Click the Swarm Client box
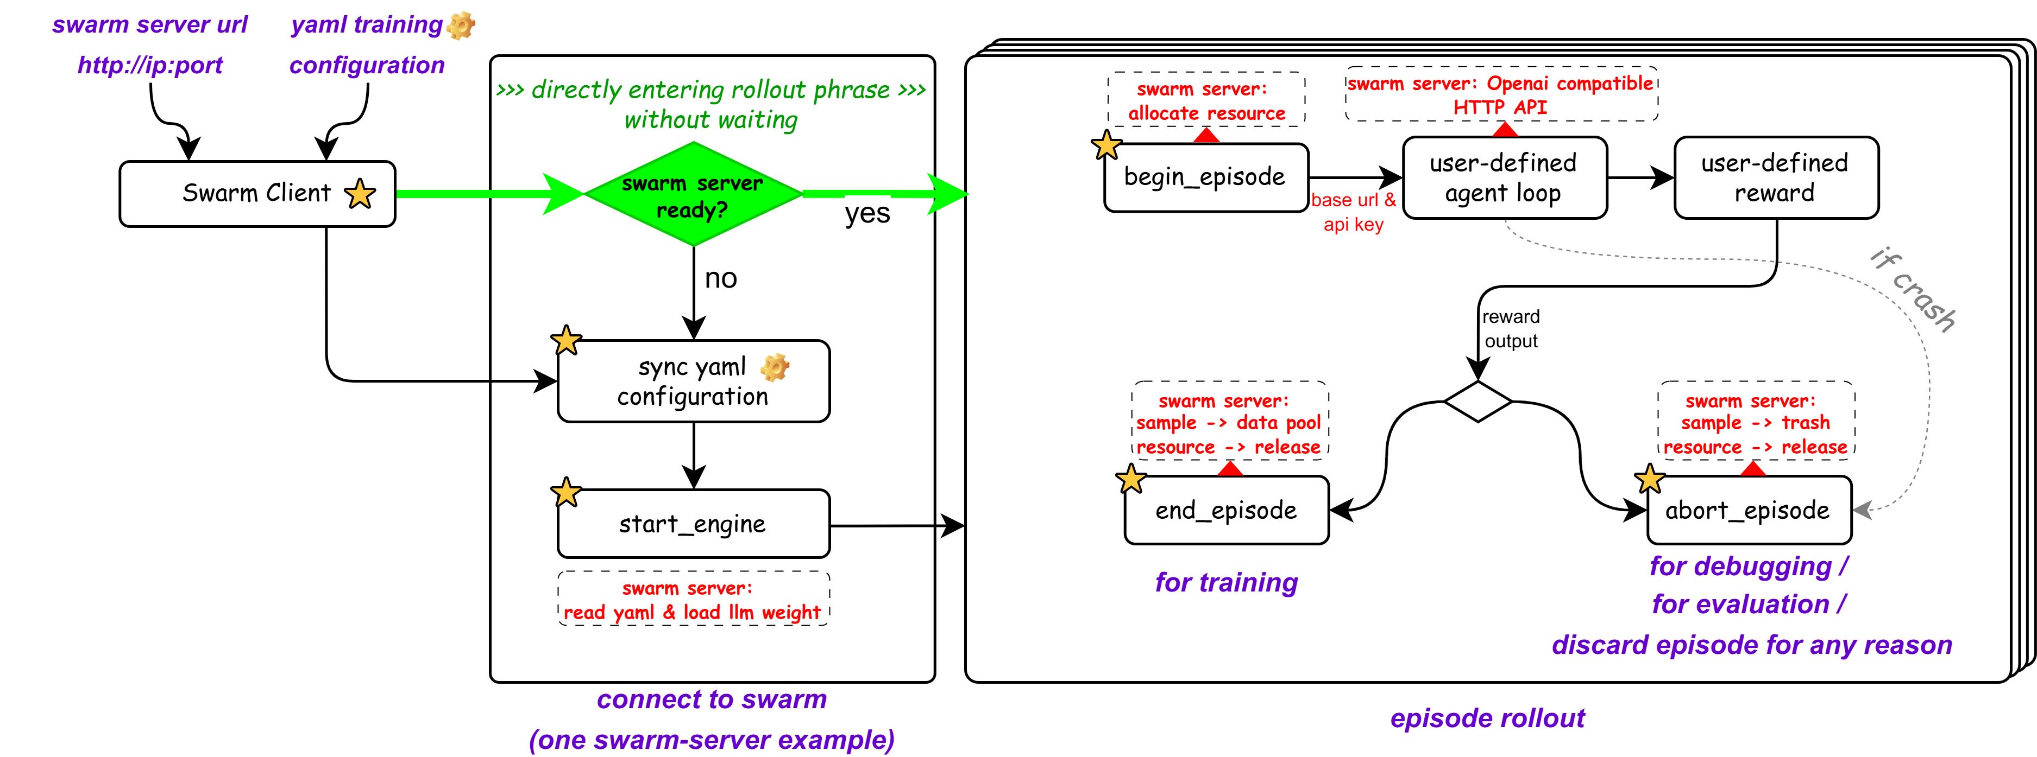click(x=257, y=194)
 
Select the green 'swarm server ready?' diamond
click(x=693, y=195)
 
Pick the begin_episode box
click(x=1205, y=177)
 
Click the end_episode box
click(x=1227, y=511)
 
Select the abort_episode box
click(x=1749, y=511)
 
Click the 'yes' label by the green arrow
click(x=867, y=213)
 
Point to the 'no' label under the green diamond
click(x=720, y=278)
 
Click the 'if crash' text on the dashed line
click(x=1913, y=289)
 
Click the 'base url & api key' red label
click(x=1353, y=212)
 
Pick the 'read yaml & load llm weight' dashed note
click(x=694, y=600)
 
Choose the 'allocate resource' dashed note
click(x=1206, y=101)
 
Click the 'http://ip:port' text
click(x=150, y=65)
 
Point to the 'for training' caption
click(x=1227, y=582)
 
